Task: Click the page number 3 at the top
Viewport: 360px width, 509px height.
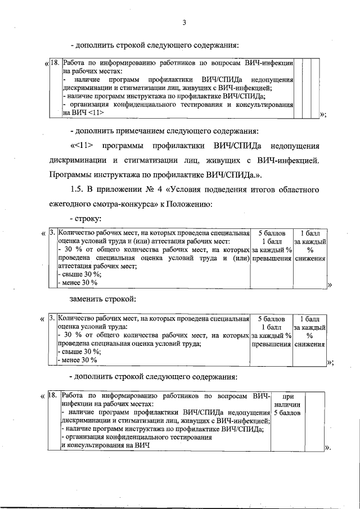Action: tap(184, 22)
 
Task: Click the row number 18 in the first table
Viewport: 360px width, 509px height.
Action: tap(55, 63)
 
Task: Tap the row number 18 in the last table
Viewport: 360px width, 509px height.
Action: tap(52, 396)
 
